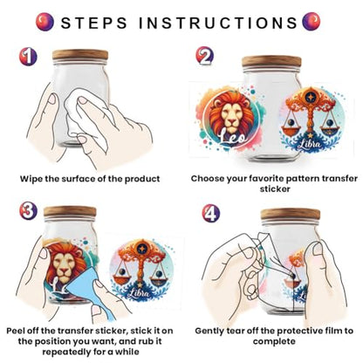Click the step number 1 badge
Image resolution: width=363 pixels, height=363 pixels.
[x=28, y=57]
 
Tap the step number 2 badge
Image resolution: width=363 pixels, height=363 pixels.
[x=204, y=56]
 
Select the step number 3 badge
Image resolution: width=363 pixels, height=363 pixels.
[x=28, y=211]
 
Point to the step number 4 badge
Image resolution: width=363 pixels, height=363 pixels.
[x=211, y=213]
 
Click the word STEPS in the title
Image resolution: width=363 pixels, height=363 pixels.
[x=94, y=23]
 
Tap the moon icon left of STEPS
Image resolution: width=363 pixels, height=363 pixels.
[x=45, y=22]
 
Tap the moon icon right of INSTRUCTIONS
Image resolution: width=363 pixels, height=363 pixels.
[x=312, y=21]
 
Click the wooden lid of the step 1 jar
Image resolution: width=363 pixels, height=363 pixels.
[x=80, y=55]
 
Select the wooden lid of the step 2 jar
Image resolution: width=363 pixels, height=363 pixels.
[x=271, y=61]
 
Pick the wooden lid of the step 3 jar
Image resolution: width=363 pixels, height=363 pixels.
[x=70, y=211]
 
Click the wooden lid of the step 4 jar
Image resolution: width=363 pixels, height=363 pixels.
[x=291, y=214]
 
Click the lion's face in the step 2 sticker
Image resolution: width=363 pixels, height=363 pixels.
[x=232, y=115]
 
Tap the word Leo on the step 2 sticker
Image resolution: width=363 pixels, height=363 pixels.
[x=232, y=137]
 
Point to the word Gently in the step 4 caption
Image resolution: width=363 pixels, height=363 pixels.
[x=209, y=331]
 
